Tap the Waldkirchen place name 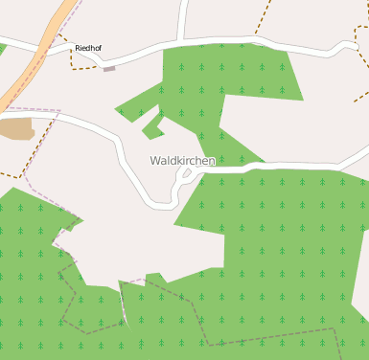(x=182, y=161)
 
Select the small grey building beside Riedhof (x=109, y=69)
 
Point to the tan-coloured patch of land (x=15, y=129)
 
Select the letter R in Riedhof (x=78, y=47)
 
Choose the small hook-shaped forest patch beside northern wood (x=150, y=125)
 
